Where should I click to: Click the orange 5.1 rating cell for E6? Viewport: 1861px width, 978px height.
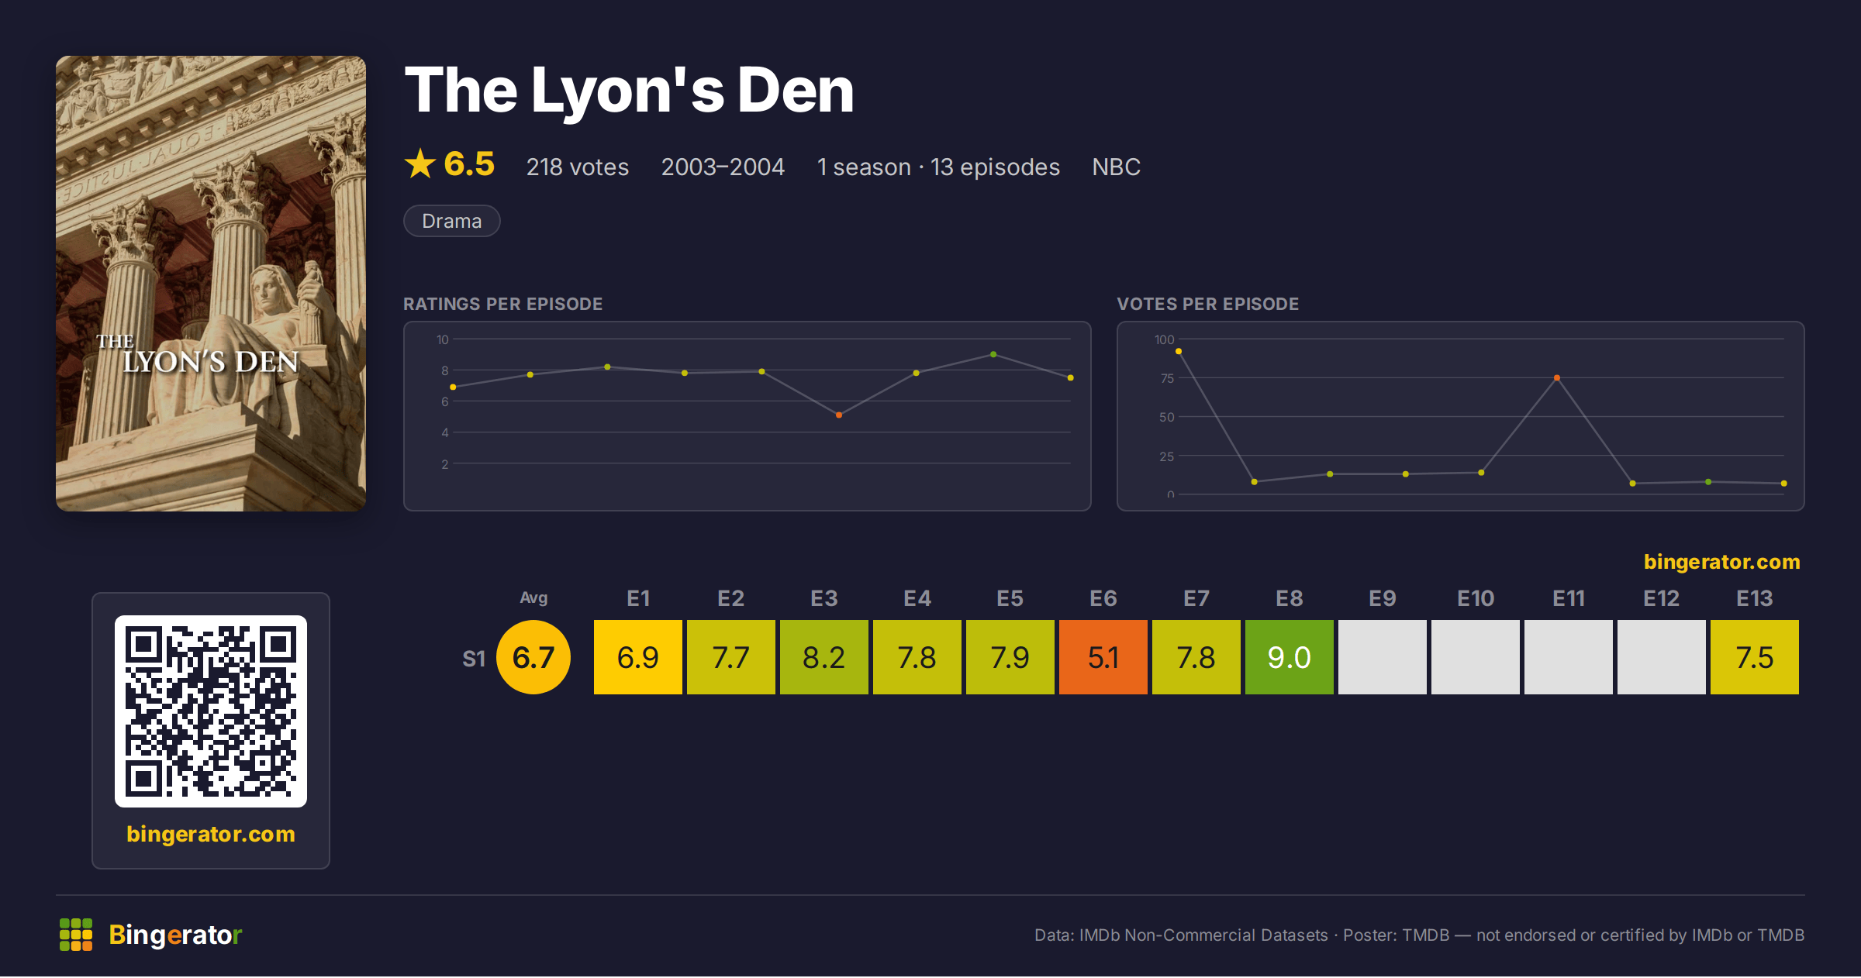point(1103,657)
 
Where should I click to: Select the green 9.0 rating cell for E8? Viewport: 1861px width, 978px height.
point(1289,657)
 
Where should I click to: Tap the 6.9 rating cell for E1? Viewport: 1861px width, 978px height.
point(637,657)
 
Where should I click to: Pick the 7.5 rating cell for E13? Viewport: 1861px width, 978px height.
point(1754,657)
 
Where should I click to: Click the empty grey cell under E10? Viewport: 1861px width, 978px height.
point(1475,657)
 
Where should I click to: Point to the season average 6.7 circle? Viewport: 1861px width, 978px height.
point(533,657)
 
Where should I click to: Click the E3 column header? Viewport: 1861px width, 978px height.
point(823,598)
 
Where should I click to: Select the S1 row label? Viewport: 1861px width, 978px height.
point(474,659)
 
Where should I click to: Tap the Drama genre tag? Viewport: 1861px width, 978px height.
point(451,221)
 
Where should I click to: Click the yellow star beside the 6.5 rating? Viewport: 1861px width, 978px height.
point(420,164)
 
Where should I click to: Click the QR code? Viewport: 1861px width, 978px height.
point(211,711)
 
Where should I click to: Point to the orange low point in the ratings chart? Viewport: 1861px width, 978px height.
point(839,415)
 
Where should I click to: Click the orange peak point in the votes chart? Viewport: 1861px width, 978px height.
point(1557,378)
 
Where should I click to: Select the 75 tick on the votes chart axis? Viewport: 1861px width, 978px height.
point(1167,378)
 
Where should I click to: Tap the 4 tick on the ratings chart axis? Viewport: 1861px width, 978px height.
point(445,432)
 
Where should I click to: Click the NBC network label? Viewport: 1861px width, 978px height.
point(1116,167)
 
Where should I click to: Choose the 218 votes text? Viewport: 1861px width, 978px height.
point(578,167)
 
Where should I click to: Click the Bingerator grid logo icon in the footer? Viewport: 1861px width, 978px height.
point(76,935)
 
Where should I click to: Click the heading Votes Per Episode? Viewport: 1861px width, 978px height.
point(1208,304)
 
